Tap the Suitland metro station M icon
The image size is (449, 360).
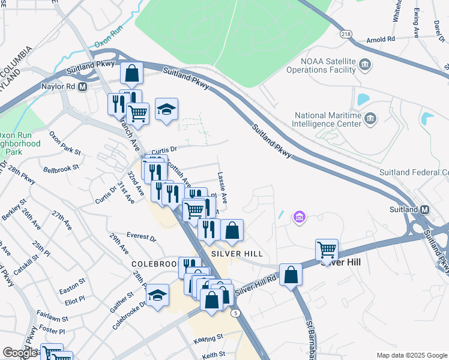424,209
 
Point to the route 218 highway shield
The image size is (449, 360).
346,34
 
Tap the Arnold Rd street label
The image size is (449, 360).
381,39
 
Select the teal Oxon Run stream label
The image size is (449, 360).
109,44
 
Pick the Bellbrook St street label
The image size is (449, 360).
66,165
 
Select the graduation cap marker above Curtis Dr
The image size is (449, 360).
167,109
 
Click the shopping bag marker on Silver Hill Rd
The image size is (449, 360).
291,274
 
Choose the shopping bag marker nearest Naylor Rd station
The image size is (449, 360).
131,74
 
